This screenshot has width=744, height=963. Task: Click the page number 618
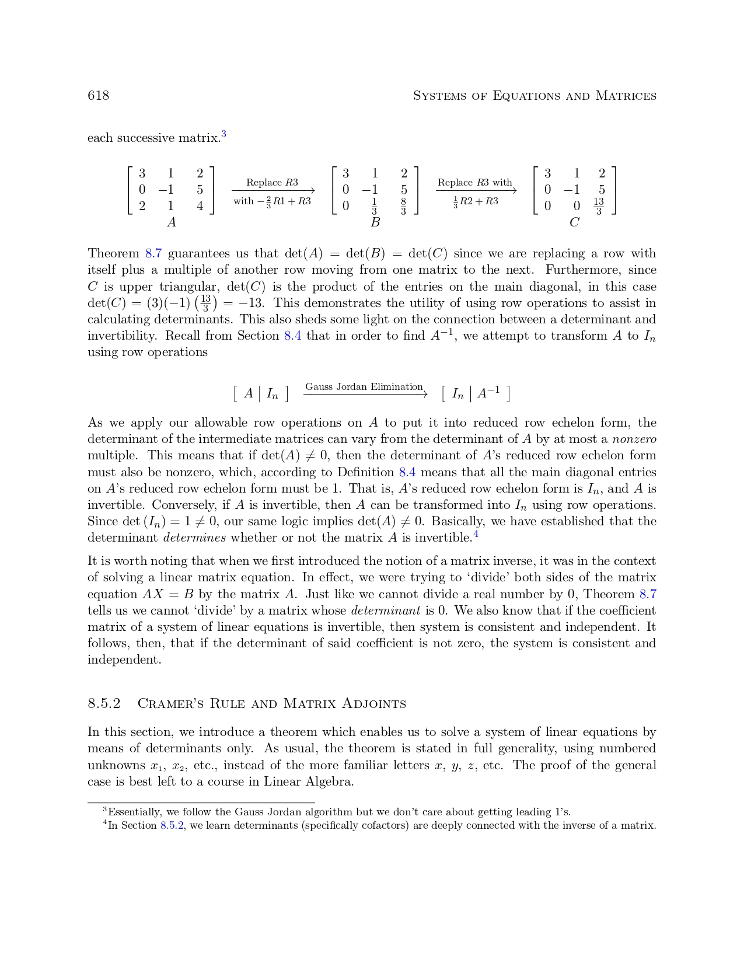[98, 96]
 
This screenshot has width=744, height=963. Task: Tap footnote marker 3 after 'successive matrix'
[223, 135]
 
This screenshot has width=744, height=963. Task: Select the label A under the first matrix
[171, 222]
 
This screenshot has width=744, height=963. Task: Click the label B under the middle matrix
[375, 222]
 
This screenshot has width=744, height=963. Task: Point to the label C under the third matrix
[575, 222]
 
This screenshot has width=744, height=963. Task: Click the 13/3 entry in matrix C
[599, 206]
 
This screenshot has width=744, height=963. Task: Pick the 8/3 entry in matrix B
[403, 206]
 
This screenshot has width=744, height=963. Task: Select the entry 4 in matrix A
[200, 206]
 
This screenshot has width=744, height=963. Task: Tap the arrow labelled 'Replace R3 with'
[476, 190]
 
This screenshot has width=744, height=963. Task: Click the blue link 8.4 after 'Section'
[292, 336]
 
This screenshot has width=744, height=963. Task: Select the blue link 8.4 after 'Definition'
[407, 472]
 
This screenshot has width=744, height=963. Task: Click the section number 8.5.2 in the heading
[104, 703]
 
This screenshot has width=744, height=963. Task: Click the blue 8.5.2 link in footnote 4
[172, 826]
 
